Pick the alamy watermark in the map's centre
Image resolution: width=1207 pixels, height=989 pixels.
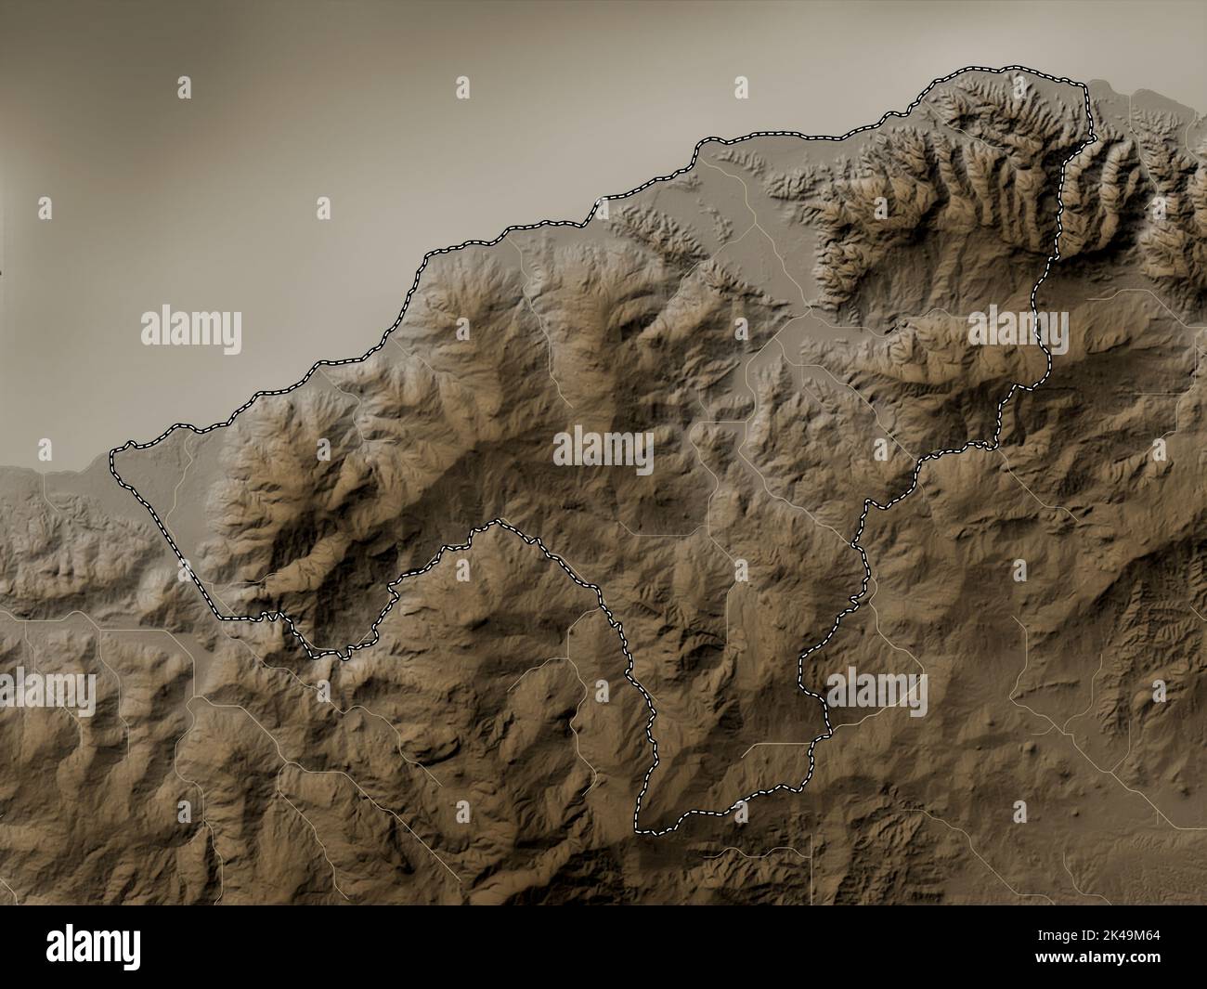(x=603, y=451)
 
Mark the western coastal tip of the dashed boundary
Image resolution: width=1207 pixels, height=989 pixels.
(x=112, y=456)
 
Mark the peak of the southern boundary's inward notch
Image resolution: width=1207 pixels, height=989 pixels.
(x=499, y=522)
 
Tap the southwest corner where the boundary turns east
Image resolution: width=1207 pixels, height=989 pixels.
(x=221, y=617)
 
